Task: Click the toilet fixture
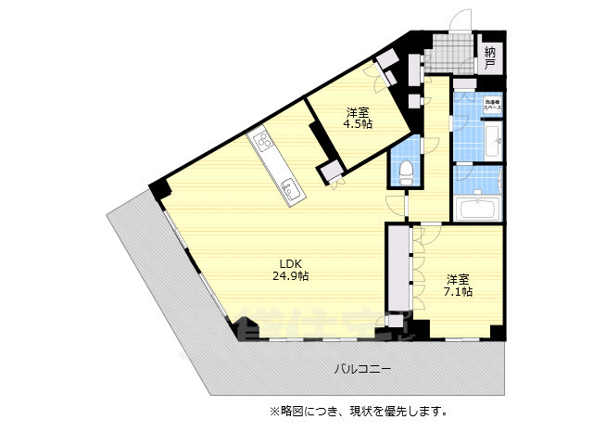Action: [404, 169]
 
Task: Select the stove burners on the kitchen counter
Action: [262, 143]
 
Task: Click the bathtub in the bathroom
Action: [477, 207]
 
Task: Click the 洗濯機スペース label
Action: [491, 105]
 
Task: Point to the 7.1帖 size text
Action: [457, 292]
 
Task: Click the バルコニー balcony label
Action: [362, 369]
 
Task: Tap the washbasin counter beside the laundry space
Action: [493, 144]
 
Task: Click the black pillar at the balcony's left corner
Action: [159, 188]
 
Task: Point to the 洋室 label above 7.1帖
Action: [457, 278]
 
